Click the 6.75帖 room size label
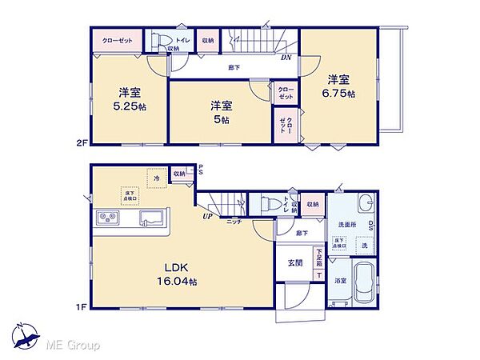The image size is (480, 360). [340, 94]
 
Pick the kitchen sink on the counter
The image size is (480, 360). [150, 218]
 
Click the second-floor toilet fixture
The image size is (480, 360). [162, 41]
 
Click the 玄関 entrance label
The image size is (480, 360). [295, 262]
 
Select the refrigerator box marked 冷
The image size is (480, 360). [156, 179]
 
